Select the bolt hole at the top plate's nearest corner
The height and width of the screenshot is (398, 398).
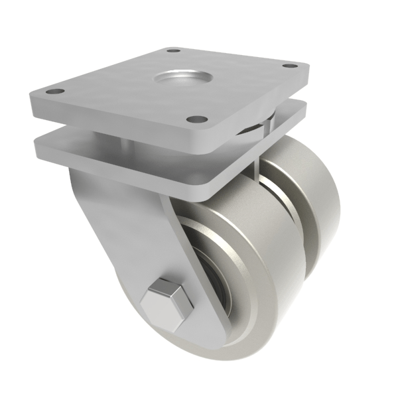pyautogui.click(x=196, y=119)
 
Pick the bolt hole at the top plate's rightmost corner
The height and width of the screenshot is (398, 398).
pyautogui.click(x=289, y=66)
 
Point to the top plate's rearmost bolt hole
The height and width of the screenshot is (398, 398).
pyautogui.click(x=173, y=50)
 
